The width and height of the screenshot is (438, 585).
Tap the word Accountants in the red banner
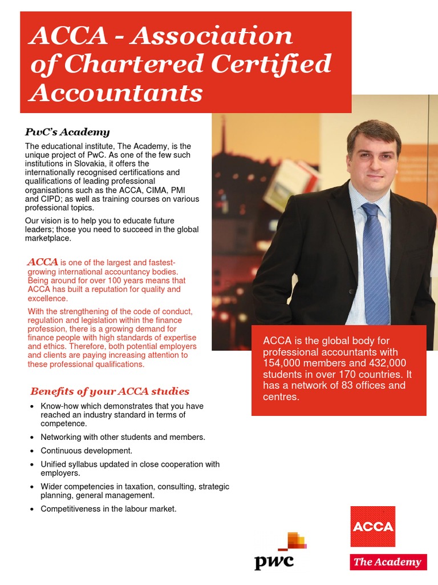(x=116, y=92)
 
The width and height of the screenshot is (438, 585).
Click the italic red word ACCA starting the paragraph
(x=43, y=262)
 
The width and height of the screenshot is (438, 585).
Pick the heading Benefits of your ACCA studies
(x=109, y=391)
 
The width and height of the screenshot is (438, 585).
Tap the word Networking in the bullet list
(x=62, y=437)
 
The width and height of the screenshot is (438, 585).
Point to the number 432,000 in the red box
(x=385, y=363)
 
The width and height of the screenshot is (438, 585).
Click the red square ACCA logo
(x=372, y=526)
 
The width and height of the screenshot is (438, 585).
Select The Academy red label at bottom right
(x=388, y=562)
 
